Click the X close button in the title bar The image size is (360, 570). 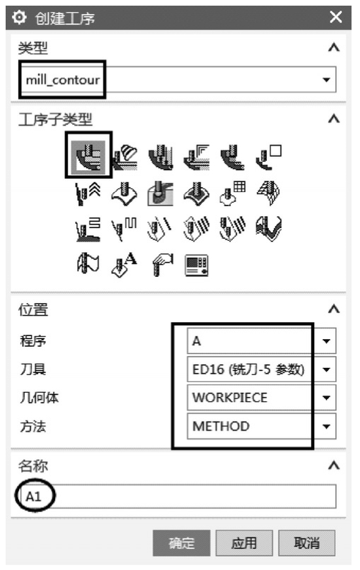tap(336, 17)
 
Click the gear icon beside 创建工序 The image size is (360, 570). tap(19, 17)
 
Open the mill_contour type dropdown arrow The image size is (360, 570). tap(326, 80)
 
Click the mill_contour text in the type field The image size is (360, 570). tap(63, 80)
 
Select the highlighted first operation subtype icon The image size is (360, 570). tap(88, 155)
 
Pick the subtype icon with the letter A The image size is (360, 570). tap(124, 265)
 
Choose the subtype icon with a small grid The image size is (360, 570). tap(232, 193)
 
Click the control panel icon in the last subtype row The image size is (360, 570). tap(196, 266)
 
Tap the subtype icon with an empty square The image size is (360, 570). tap(268, 157)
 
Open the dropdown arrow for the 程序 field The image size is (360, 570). tap(326, 341)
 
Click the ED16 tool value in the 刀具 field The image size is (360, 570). tap(248, 369)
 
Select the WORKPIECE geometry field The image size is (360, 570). tap(250, 398)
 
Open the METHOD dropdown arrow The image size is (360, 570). tap(326, 426)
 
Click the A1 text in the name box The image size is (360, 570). tap(33, 497)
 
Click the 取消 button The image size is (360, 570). tap(306, 542)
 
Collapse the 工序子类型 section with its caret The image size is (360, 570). tap(334, 119)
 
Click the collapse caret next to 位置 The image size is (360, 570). tap(334, 309)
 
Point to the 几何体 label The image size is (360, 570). tap(40, 398)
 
